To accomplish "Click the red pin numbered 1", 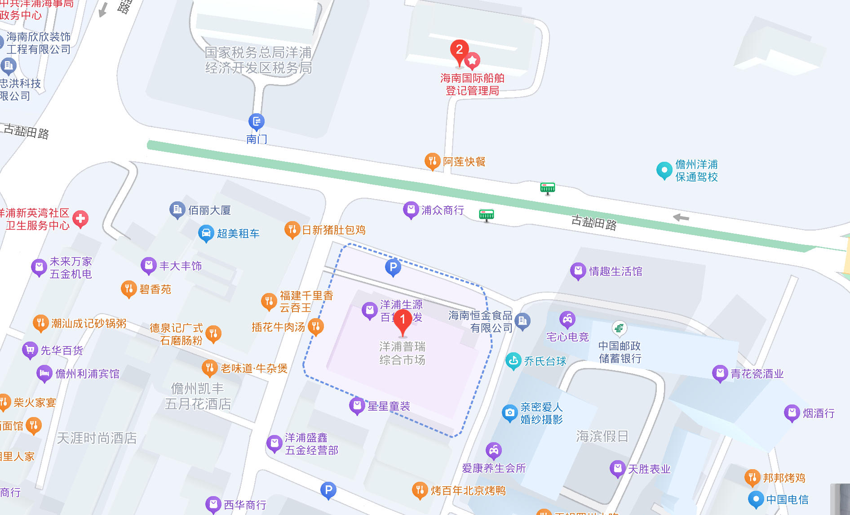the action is pyautogui.click(x=403, y=320).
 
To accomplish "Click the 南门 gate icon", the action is pyautogui.click(x=257, y=121).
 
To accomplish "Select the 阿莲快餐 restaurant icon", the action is pyautogui.click(x=432, y=160).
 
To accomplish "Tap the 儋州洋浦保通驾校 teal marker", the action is pyautogui.click(x=664, y=170).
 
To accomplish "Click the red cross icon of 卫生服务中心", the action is pyautogui.click(x=80, y=219).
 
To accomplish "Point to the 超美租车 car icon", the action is pyautogui.click(x=206, y=233).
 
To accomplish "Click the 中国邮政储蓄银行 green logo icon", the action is pyautogui.click(x=619, y=329).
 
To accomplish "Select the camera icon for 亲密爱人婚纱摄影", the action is pyautogui.click(x=509, y=412).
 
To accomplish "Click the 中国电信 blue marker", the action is pyautogui.click(x=756, y=498).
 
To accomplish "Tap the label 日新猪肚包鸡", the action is pyautogui.click(x=334, y=230).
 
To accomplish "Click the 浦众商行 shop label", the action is pyautogui.click(x=443, y=210).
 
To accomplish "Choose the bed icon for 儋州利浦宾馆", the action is pyautogui.click(x=44, y=373).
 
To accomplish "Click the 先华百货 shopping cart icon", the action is pyautogui.click(x=30, y=349).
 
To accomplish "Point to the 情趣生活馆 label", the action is pyautogui.click(x=615, y=271).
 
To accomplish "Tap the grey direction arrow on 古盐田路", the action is pyautogui.click(x=681, y=218).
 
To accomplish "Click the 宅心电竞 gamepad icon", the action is pyautogui.click(x=567, y=319).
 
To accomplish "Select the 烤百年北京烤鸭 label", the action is pyautogui.click(x=468, y=490).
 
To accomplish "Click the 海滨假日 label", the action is pyautogui.click(x=602, y=436).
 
